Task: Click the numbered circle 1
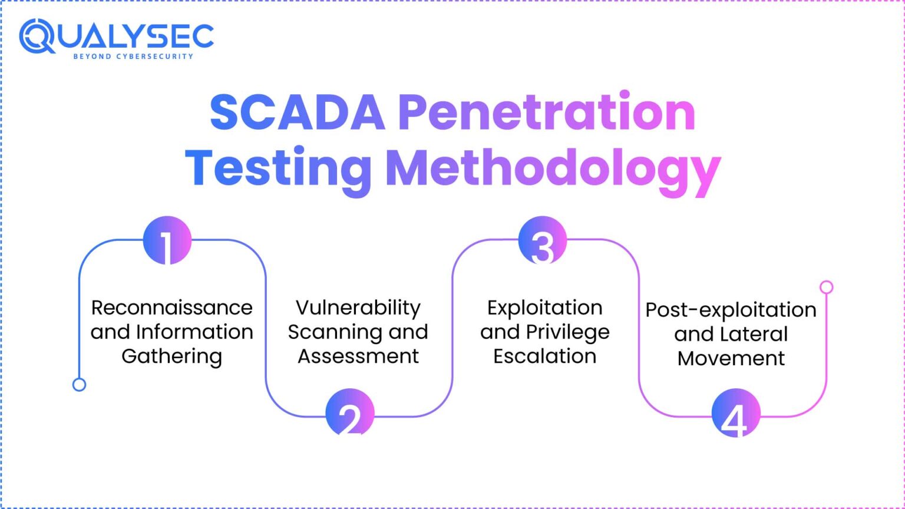click(167, 240)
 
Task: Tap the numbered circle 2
click(350, 412)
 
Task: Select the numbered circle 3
click(543, 240)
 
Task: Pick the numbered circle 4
click(735, 412)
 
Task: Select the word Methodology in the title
click(553, 169)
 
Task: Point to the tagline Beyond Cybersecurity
click(133, 57)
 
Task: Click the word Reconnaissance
click(172, 308)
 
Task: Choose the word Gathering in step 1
click(172, 356)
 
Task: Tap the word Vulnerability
click(358, 308)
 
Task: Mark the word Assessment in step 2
click(358, 356)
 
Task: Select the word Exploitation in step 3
click(545, 308)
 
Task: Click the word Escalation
click(545, 356)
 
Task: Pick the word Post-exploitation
click(731, 310)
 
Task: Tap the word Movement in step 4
click(731, 358)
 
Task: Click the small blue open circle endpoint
click(79, 385)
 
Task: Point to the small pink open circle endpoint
click(827, 287)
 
